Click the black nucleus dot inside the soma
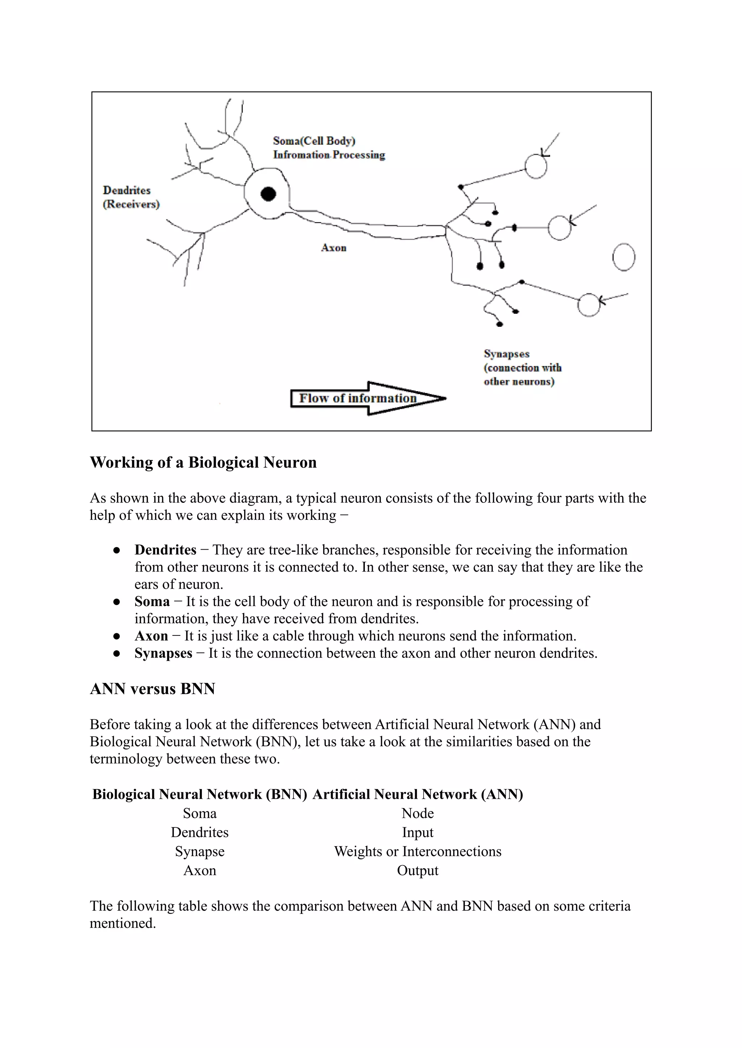coord(268,194)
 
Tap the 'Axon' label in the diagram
coord(334,248)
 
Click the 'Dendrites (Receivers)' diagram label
coord(131,197)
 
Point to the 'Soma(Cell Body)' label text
coord(314,141)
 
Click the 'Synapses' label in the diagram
coord(506,354)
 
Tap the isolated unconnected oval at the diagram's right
coord(624,257)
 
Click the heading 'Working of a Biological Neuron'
coord(203,462)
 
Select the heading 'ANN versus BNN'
coord(152,689)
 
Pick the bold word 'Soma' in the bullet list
coord(152,601)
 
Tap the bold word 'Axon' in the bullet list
coord(151,636)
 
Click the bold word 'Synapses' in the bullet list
coord(163,653)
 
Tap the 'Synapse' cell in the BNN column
coord(200,852)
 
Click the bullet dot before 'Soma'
coord(117,602)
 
